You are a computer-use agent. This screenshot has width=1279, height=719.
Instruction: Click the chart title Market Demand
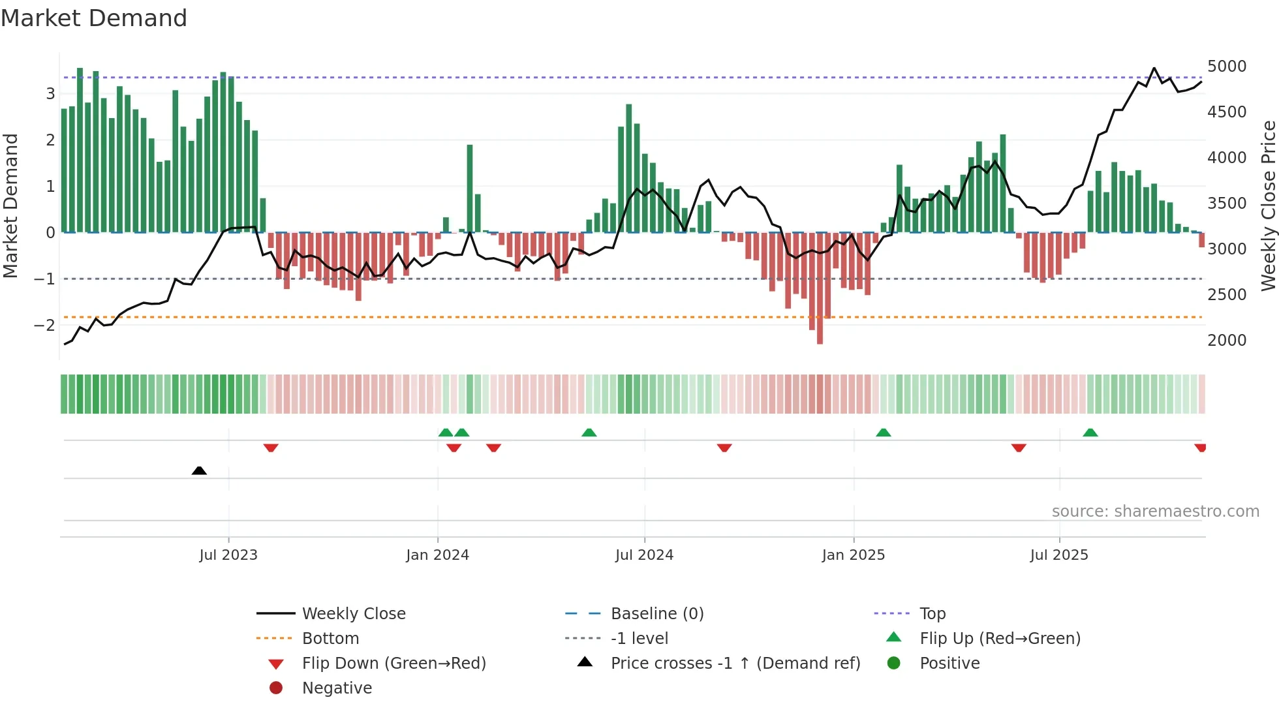tap(94, 18)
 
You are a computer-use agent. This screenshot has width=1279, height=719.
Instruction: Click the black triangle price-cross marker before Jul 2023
tap(199, 470)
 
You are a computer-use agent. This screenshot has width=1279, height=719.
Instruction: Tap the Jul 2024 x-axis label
tap(644, 555)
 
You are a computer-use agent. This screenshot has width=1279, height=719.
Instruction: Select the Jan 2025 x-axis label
tap(853, 555)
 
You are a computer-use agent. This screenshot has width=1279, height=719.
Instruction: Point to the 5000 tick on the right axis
tap(1227, 67)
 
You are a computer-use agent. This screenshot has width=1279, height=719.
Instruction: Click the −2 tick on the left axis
tap(44, 325)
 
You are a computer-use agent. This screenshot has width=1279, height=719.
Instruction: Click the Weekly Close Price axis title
tap(1268, 206)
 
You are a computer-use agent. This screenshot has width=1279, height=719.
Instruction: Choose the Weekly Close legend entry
tap(354, 614)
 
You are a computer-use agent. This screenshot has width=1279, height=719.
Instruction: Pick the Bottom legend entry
tap(330, 639)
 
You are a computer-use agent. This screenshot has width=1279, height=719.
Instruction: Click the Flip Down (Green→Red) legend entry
tap(393, 664)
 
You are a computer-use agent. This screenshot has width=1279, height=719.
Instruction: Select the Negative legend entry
tap(337, 688)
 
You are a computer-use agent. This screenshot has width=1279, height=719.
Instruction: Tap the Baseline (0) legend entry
tap(657, 614)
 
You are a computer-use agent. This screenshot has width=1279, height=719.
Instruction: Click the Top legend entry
tap(932, 614)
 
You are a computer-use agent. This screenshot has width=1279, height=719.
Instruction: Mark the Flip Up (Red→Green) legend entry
tap(1000, 639)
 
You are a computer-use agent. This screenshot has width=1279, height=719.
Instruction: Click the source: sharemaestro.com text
tap(1155, 512)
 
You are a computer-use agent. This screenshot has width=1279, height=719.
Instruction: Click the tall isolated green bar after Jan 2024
tap(470, 189)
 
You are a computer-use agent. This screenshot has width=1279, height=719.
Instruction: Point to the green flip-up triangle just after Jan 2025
tap(884, 433)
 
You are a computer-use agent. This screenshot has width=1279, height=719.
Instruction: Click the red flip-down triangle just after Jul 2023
tap(271, 448)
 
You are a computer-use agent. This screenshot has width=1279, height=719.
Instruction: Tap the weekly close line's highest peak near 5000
tap(1154, 69)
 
